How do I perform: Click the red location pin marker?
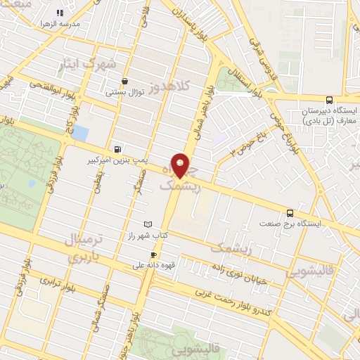pos(181,166)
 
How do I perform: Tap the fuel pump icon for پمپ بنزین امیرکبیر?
pos(116,149)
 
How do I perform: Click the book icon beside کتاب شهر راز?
pos(147,224)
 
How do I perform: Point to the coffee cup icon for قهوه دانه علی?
pos(153,255)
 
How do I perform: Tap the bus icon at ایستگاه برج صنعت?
pos(290,212)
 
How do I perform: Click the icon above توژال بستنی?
pos(124,80)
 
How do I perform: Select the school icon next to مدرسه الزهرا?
pos(59,12)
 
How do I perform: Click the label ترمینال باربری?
pos(82,247)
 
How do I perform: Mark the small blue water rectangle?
pos(82,132)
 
